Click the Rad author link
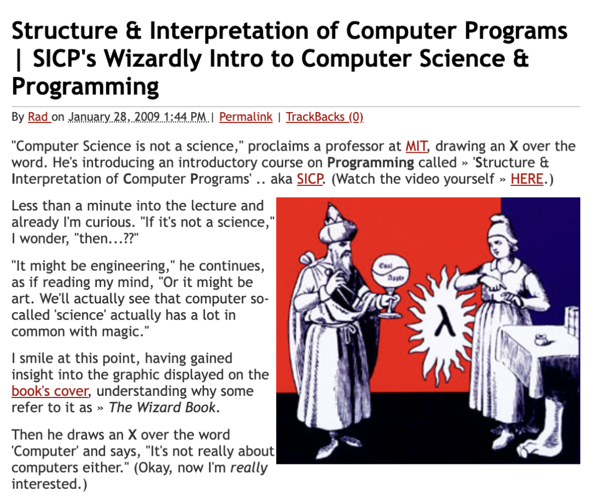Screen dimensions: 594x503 (x=38, y=117)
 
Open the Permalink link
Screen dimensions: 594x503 (x=245, y=117)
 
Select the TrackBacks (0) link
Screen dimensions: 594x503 (x=324, y=117)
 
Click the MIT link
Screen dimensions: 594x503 (x=416, y=146)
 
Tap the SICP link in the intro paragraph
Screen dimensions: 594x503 (x=310, y=179)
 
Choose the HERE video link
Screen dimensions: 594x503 (x=527, y=179)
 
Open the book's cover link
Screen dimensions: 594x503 (x=50, y=391)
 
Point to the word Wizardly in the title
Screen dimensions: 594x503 (x=153, y=59)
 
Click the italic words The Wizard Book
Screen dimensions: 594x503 (x=162, y=407)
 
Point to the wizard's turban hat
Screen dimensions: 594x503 (x=335, y=225)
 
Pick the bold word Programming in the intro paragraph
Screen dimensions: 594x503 (x=371, y=163)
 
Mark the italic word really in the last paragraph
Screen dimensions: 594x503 (x=249, y=468)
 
